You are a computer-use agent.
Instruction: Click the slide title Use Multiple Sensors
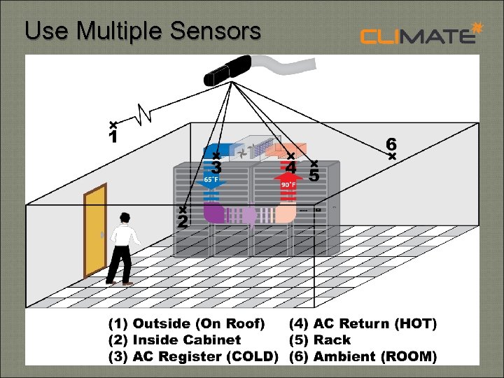[142, 30]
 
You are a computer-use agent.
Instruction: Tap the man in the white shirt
[123, 248]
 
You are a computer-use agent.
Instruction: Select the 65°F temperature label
[211, 179]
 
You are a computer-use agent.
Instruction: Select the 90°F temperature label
[288, 185]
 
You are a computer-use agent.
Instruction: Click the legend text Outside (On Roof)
[186, 323]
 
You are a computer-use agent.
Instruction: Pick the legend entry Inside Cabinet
[174, 340]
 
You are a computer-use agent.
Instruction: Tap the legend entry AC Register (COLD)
[192, 357]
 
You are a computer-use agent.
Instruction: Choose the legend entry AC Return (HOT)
[363, 323]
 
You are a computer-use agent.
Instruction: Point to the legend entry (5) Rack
[319, 340]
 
